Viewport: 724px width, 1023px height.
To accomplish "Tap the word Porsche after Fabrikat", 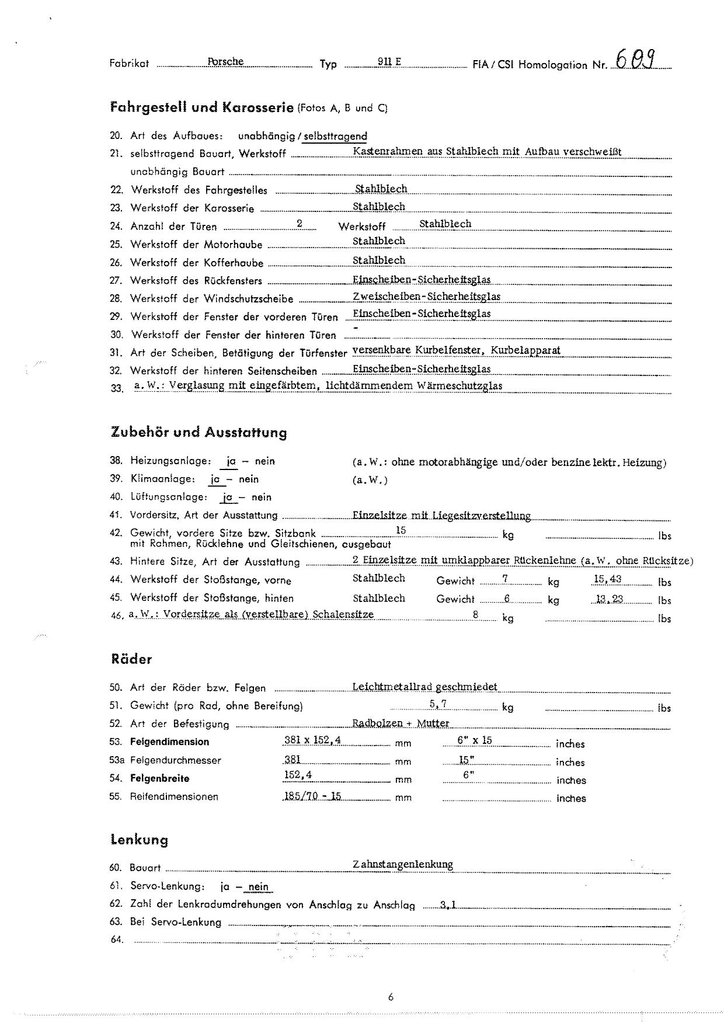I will (x=225, y=62).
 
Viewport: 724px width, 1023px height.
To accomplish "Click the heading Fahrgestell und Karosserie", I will (x=201, y=107).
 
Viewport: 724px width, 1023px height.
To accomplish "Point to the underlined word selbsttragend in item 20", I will (x=335, y=136).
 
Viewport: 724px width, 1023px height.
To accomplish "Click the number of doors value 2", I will (x=300, y=224).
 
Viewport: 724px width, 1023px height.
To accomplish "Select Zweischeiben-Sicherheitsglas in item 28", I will (x=426, y=297).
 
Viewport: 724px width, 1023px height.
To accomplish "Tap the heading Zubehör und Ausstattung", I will (x=199, y=433).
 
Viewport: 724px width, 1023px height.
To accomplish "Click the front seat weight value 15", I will (x=401, y=530).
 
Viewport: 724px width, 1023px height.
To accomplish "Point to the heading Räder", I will (x=131, y=659).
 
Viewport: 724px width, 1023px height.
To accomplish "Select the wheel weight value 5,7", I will (x=438, y=704).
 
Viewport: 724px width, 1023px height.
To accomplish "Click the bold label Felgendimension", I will (x=169, y=742).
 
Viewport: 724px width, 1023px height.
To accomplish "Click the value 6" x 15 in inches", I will (x=475, y=740).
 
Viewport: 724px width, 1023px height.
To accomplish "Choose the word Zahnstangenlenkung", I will (x=403, y=864).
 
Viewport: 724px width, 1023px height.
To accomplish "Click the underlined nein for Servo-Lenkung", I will (x=258, y=887).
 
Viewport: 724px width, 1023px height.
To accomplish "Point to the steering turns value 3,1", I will (x=448, y=906).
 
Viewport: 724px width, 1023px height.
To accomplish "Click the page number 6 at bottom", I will (x=391, y=997).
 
